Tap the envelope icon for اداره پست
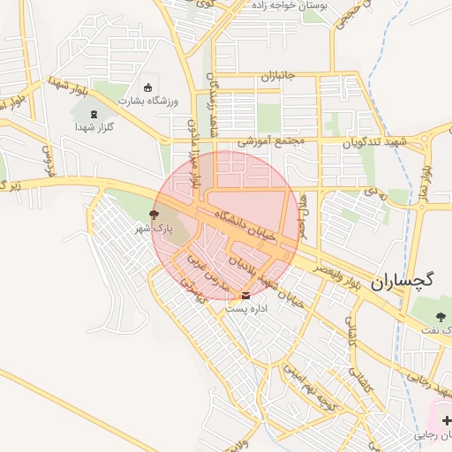click(245, 295)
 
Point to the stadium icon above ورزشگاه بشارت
click(147, 87)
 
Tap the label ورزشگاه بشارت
click(148, 101)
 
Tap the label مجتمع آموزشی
click(271, 140)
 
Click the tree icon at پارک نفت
click(441, 315)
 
